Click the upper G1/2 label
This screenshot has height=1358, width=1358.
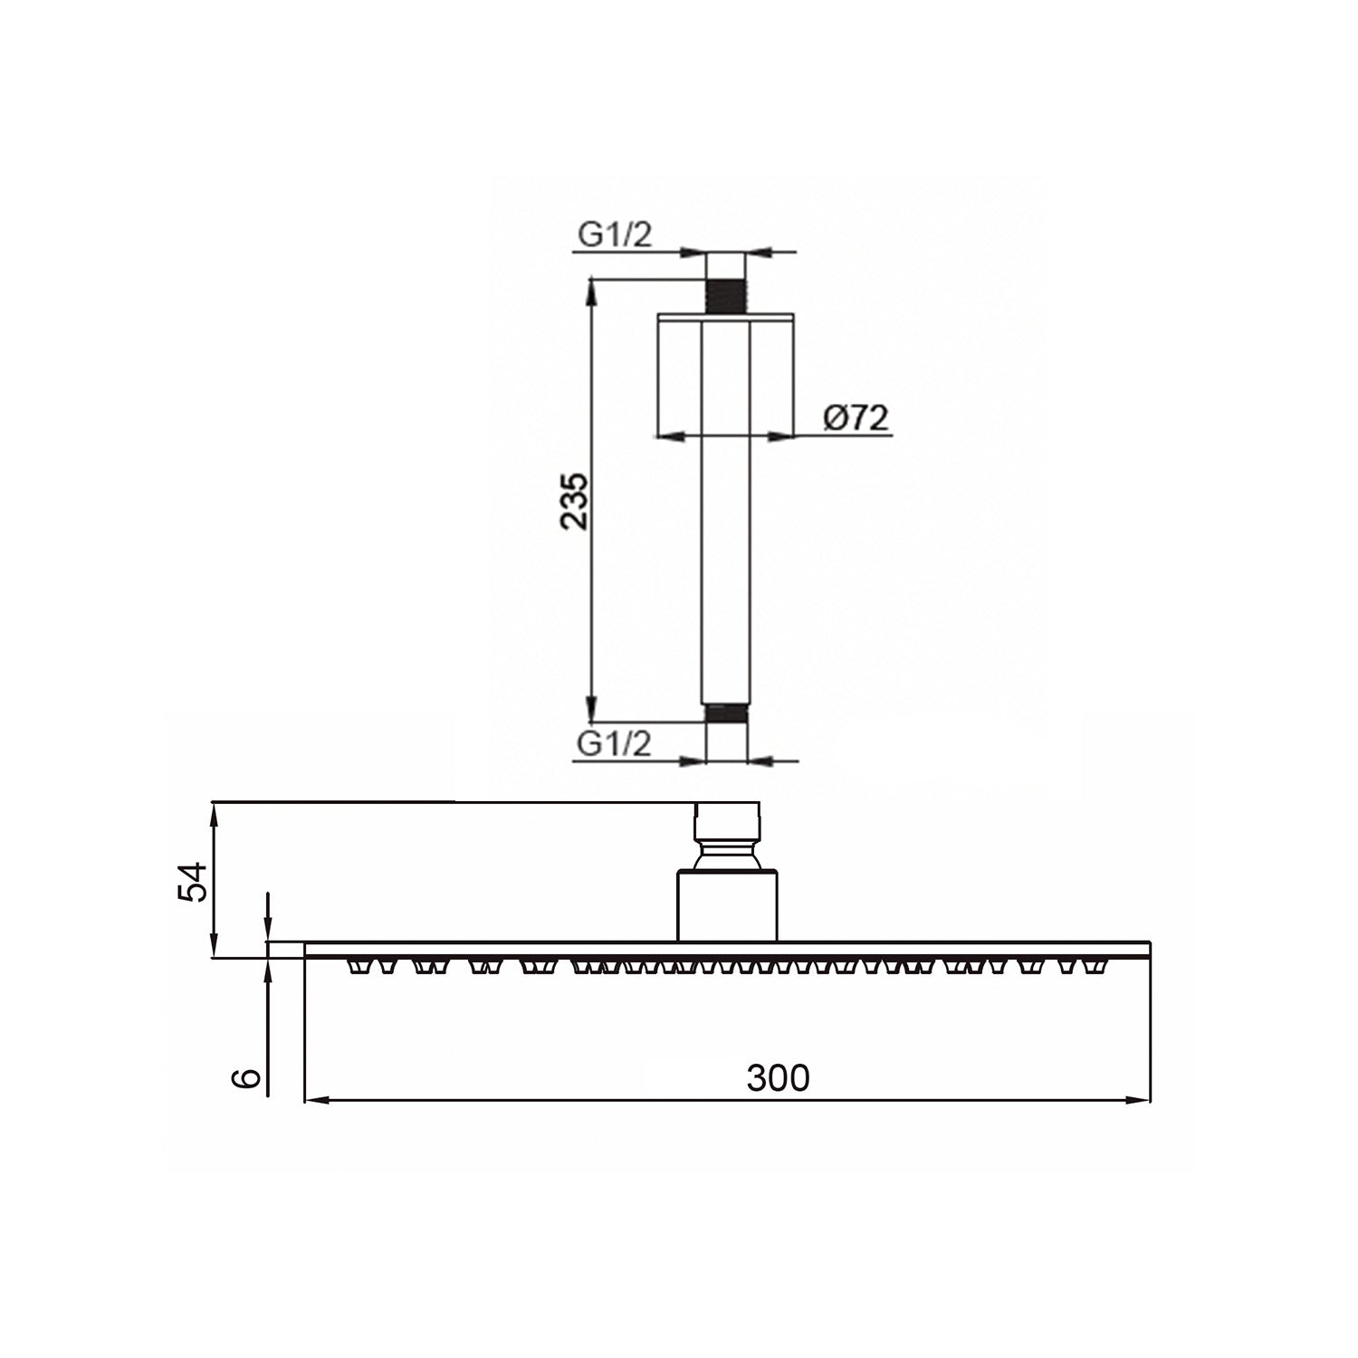(x=615, y=235)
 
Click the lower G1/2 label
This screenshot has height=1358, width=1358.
(x=615, y=744)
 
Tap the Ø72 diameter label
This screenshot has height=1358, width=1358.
(x=856, y=417)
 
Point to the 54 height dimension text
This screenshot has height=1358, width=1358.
(x=193, y=881)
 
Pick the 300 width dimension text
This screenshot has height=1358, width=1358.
(x=778, y=1078)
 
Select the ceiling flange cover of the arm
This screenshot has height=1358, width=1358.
(x=725, y=373)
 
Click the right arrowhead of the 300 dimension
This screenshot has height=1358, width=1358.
(x=1141, y=1101)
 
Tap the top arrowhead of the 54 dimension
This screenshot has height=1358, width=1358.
(x=215, y=811)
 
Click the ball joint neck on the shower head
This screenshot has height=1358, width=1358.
(x=727, y=854)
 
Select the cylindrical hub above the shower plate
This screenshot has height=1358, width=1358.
(x=727, y=904)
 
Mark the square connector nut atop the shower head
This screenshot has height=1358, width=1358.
(x=727, y=819)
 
